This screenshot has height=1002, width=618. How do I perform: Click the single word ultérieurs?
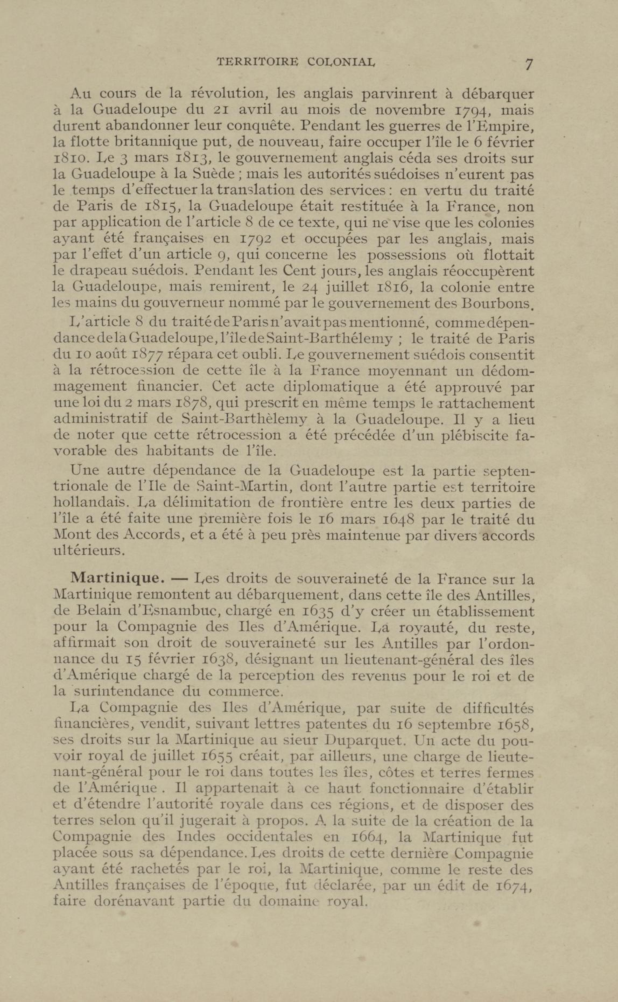point(87,551)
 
